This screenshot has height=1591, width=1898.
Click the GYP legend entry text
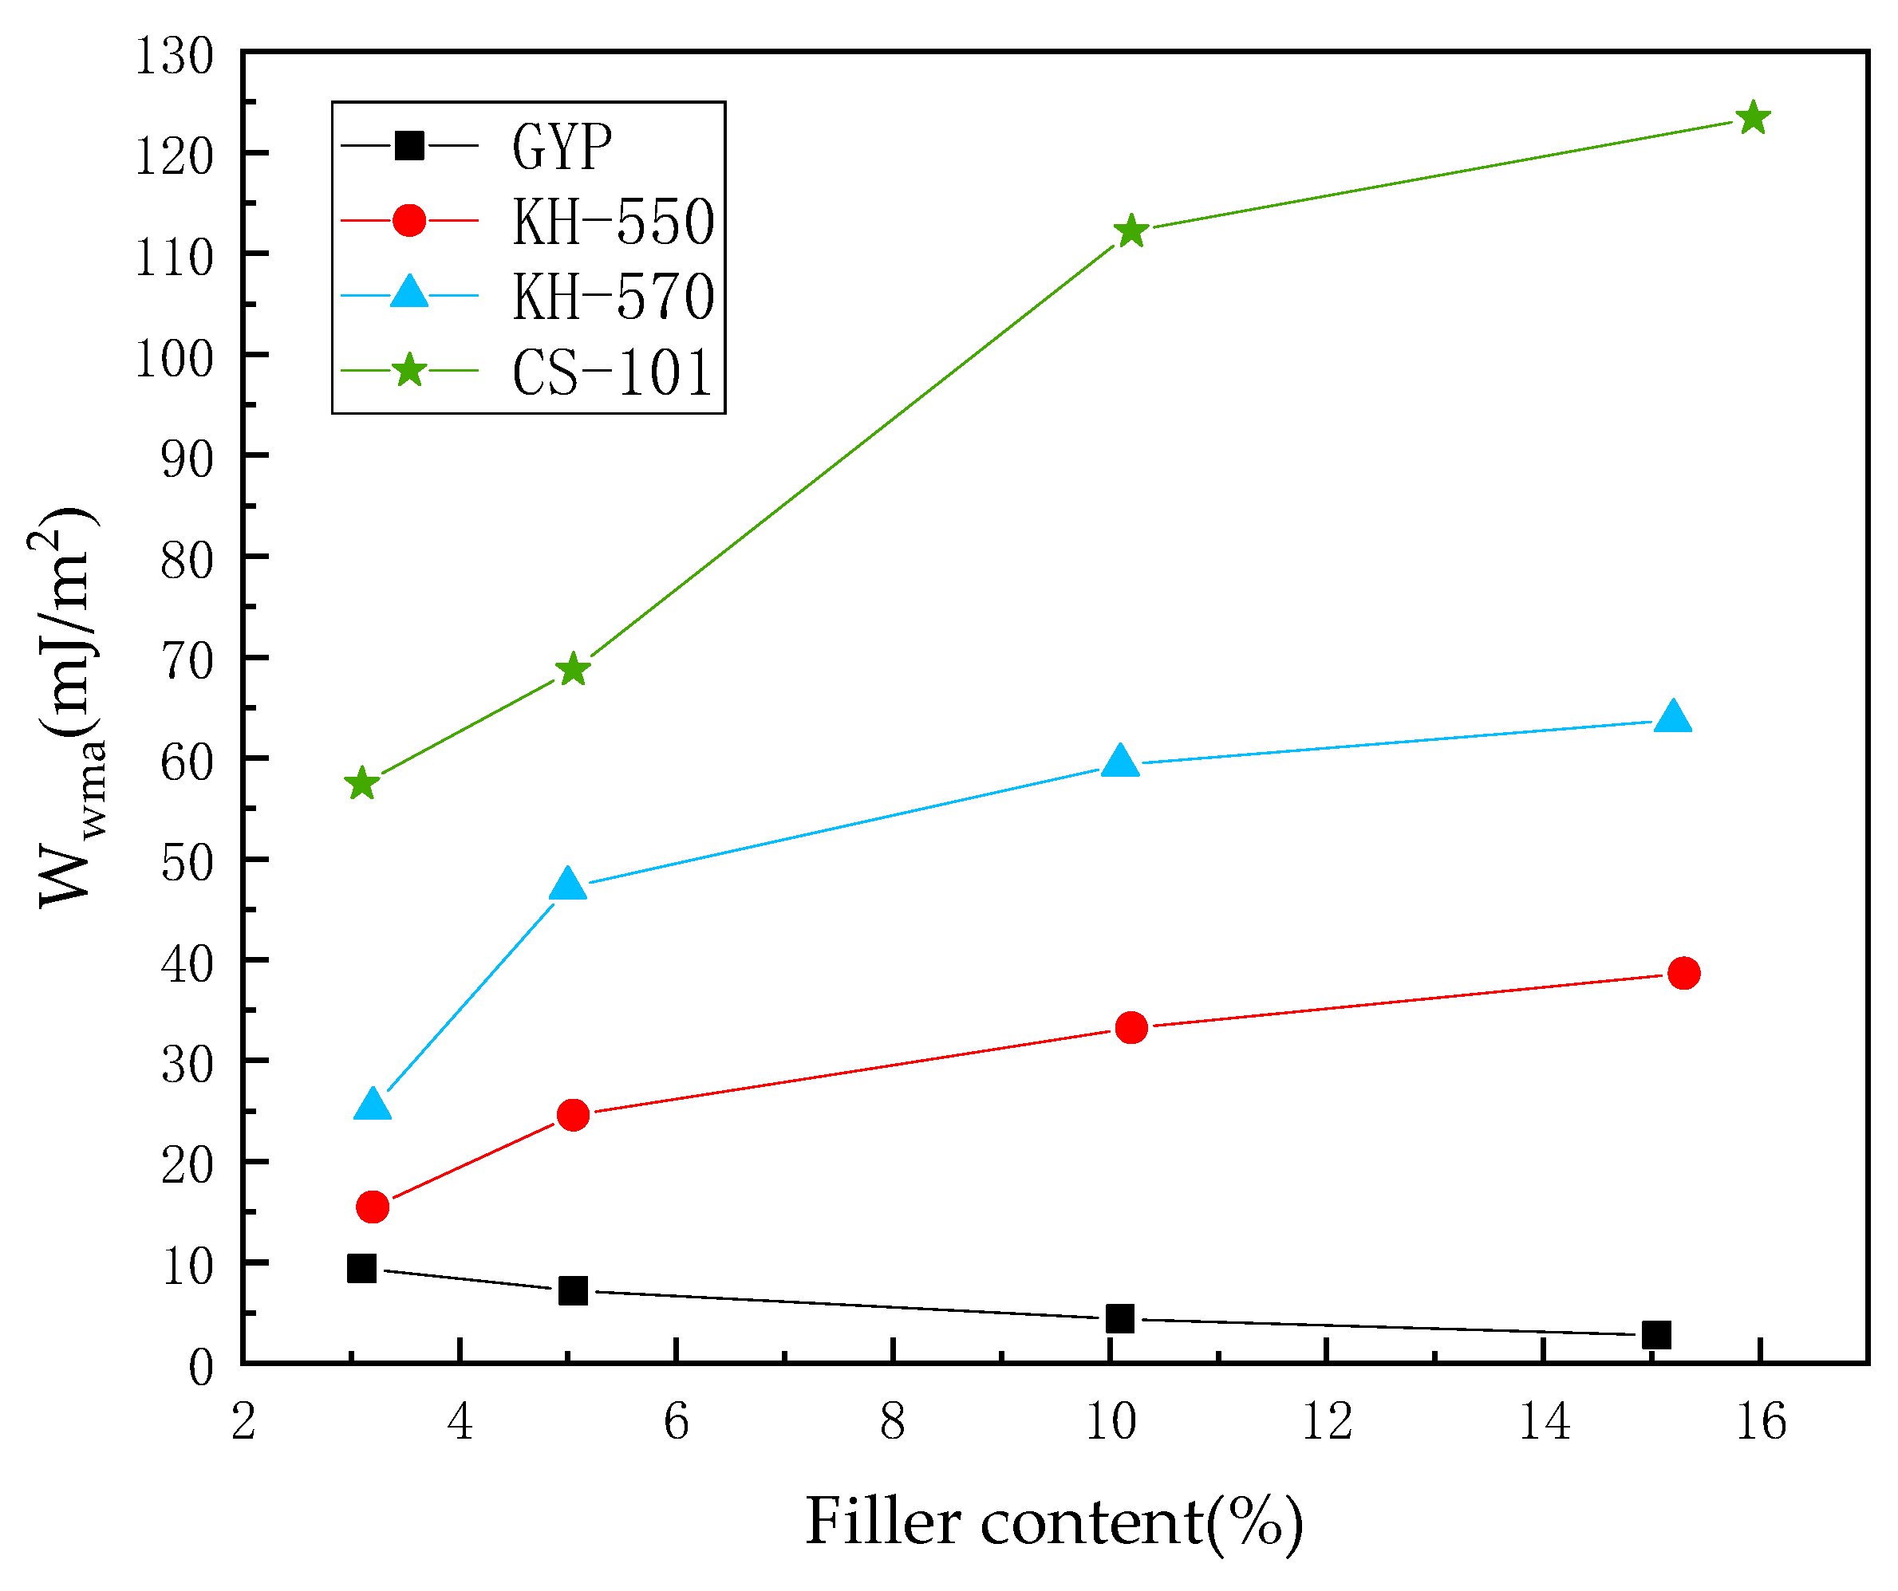[562, 147]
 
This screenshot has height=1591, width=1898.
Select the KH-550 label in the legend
[613, 222]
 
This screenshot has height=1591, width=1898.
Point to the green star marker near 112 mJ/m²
[1131, 231]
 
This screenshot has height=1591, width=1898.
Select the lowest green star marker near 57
[361, 783]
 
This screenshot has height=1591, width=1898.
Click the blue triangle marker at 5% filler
[567, 884]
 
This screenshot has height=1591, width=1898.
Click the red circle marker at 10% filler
[1131, 1028]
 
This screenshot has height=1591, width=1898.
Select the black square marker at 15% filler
[1655, 1334]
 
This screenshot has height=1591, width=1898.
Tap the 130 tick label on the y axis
[175, 56]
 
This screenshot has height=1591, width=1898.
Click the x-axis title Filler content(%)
[1054, 1522]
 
